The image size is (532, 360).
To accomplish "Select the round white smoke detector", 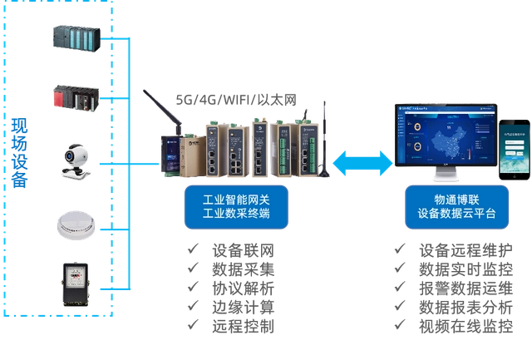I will click(76, 223).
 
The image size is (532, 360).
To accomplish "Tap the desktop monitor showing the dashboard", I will click(444, 141).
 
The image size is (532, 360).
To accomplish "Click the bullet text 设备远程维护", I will click(465, 249).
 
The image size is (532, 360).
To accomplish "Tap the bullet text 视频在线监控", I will click(465, 326).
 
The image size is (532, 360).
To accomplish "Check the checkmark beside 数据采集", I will click(193, 269).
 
